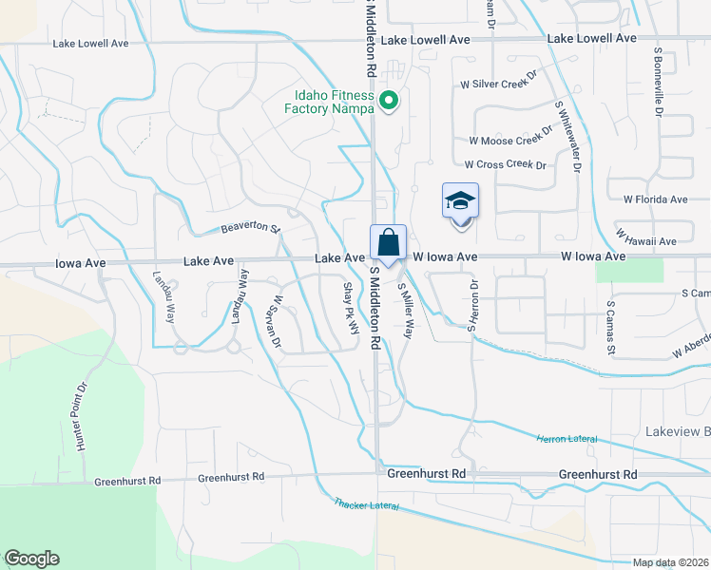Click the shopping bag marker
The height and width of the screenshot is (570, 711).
coord(389,243)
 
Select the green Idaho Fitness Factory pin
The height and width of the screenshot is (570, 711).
coord(388,99)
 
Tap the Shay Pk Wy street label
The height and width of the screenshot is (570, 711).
coord(352,307)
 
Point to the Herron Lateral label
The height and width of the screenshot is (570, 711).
coord(567,438)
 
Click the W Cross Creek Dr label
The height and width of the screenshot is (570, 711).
coord(504,164)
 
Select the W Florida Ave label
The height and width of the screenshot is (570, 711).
coord(655,199)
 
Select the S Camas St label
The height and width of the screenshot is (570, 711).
coord(611,324)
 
